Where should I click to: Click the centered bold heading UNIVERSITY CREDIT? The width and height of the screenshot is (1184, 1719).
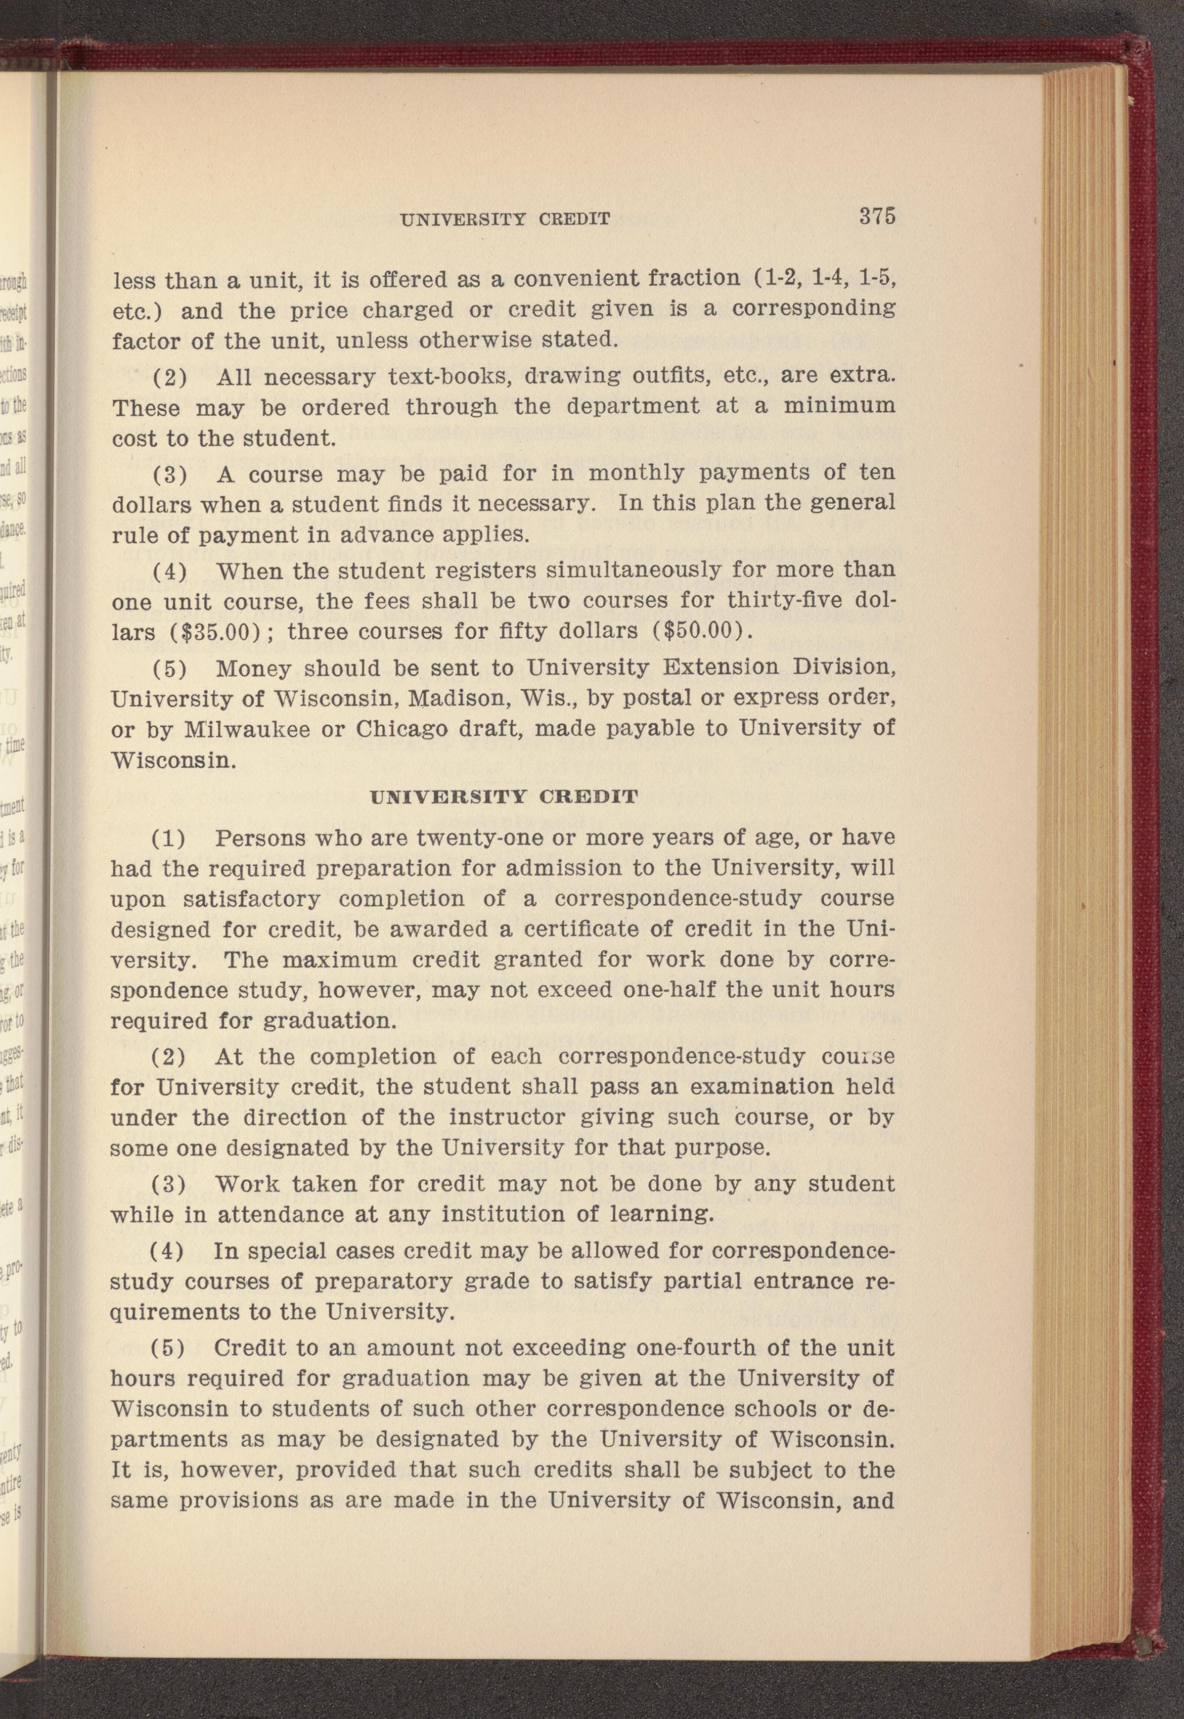(x=503, y=797)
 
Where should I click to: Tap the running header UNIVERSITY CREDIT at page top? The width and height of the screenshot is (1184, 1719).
(x=505, y=219)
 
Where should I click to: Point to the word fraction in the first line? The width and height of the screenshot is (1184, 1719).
(x=694, y=280)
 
